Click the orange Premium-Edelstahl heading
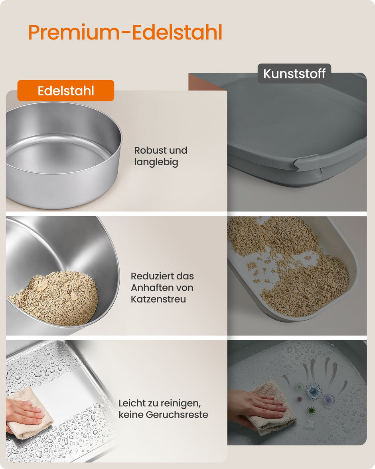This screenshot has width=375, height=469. (x=125, y=32)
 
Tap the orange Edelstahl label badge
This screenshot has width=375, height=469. (x=66, y=90)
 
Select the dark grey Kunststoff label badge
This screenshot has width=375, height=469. (x=294, y=73)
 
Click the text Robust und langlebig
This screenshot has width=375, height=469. (x=161, y=156)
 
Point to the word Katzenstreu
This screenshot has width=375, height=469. (x=158, y=299)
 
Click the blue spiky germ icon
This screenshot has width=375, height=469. (x=314, y=391)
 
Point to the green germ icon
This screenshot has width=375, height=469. (x=311, y=410)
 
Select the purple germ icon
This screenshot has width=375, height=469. (x=329, y=398)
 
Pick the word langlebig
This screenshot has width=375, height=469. (x=156, y=162)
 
